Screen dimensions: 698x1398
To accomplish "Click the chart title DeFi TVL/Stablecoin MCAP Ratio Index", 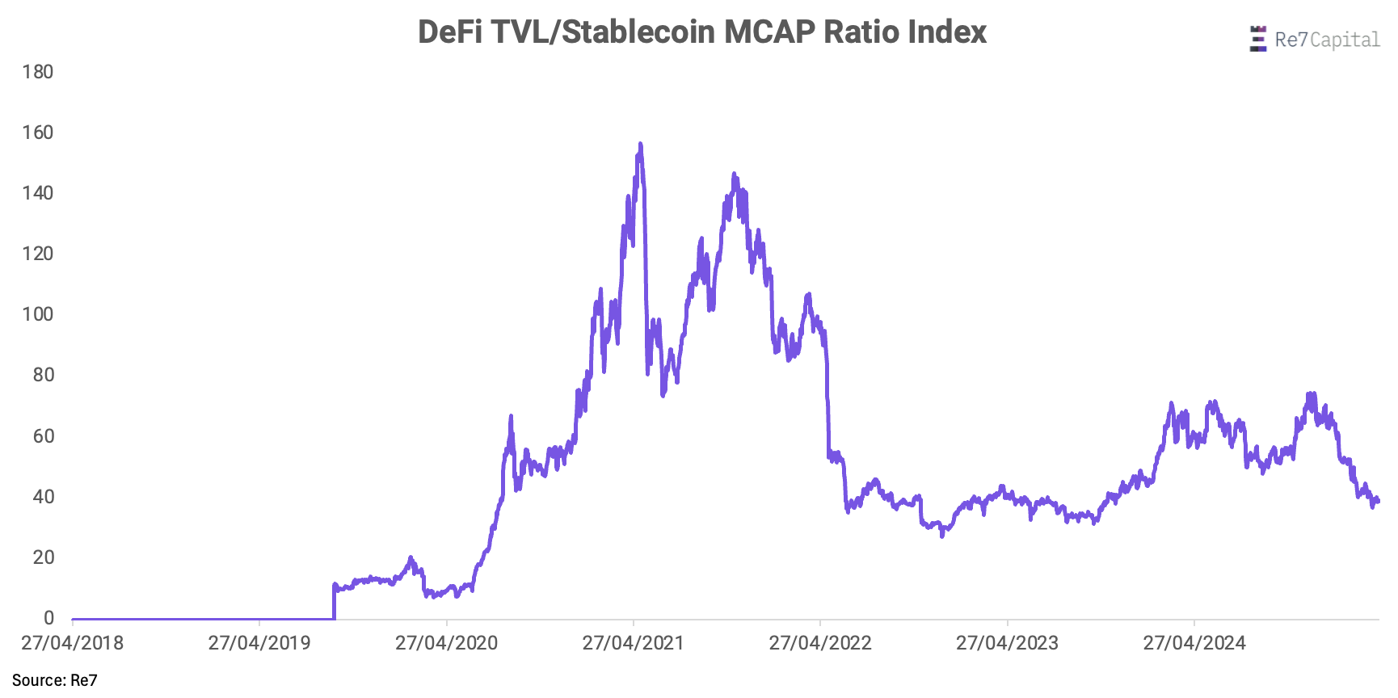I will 701,32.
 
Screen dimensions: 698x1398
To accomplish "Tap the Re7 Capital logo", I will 1315,40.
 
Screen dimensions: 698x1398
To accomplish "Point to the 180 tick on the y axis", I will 38,72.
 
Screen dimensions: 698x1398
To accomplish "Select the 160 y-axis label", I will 38,132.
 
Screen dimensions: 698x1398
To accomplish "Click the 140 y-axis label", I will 38,193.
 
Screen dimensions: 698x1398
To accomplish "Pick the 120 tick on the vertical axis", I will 38,254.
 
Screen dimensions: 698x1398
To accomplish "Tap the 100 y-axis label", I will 38,314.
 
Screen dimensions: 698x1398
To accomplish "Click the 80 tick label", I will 43,375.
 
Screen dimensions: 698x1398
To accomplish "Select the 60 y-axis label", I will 43,436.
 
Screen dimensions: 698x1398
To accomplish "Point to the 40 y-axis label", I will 43,497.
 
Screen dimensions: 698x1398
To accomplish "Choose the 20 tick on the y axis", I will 43,557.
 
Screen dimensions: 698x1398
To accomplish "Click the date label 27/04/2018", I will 73,643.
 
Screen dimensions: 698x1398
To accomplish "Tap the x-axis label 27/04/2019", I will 259,643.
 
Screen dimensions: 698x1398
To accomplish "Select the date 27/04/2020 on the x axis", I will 447,643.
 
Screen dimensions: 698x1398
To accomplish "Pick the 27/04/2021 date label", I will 634,643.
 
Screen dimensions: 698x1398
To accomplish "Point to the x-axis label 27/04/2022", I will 820,643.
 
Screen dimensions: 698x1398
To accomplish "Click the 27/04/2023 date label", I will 1008,643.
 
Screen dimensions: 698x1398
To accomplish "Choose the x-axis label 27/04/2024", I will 1194,643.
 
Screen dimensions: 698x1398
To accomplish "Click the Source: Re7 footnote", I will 55,680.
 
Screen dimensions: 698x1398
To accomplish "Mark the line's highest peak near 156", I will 641,145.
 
